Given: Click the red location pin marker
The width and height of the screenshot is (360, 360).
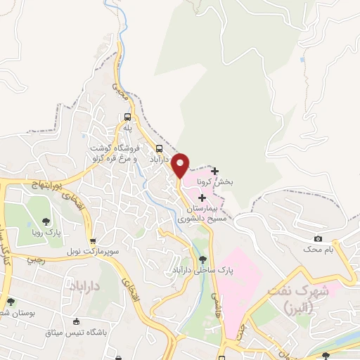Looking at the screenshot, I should (x=181, y=165).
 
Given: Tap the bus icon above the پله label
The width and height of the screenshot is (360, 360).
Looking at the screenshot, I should (x=127, y=117).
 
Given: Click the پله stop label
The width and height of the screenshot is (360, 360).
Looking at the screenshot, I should (x=127, y=129).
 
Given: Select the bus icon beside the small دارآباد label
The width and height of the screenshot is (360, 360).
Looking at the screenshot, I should (x=160, y=148).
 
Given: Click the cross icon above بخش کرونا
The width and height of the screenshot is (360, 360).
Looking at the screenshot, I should (x=214, y=171).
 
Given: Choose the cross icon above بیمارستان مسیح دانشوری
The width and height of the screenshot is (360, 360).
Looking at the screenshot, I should (x=202, y=198).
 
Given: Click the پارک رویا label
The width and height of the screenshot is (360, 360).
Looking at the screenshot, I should (x=47, y=231).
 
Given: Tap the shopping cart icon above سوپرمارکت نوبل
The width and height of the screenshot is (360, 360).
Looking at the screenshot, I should (x=93, y=240).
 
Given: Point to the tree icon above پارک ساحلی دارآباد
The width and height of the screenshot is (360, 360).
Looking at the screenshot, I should (x=202, y=259).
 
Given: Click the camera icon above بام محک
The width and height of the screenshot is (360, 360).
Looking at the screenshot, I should (x=318, y=238).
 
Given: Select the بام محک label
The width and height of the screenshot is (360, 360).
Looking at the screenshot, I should (x=318, y=250).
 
